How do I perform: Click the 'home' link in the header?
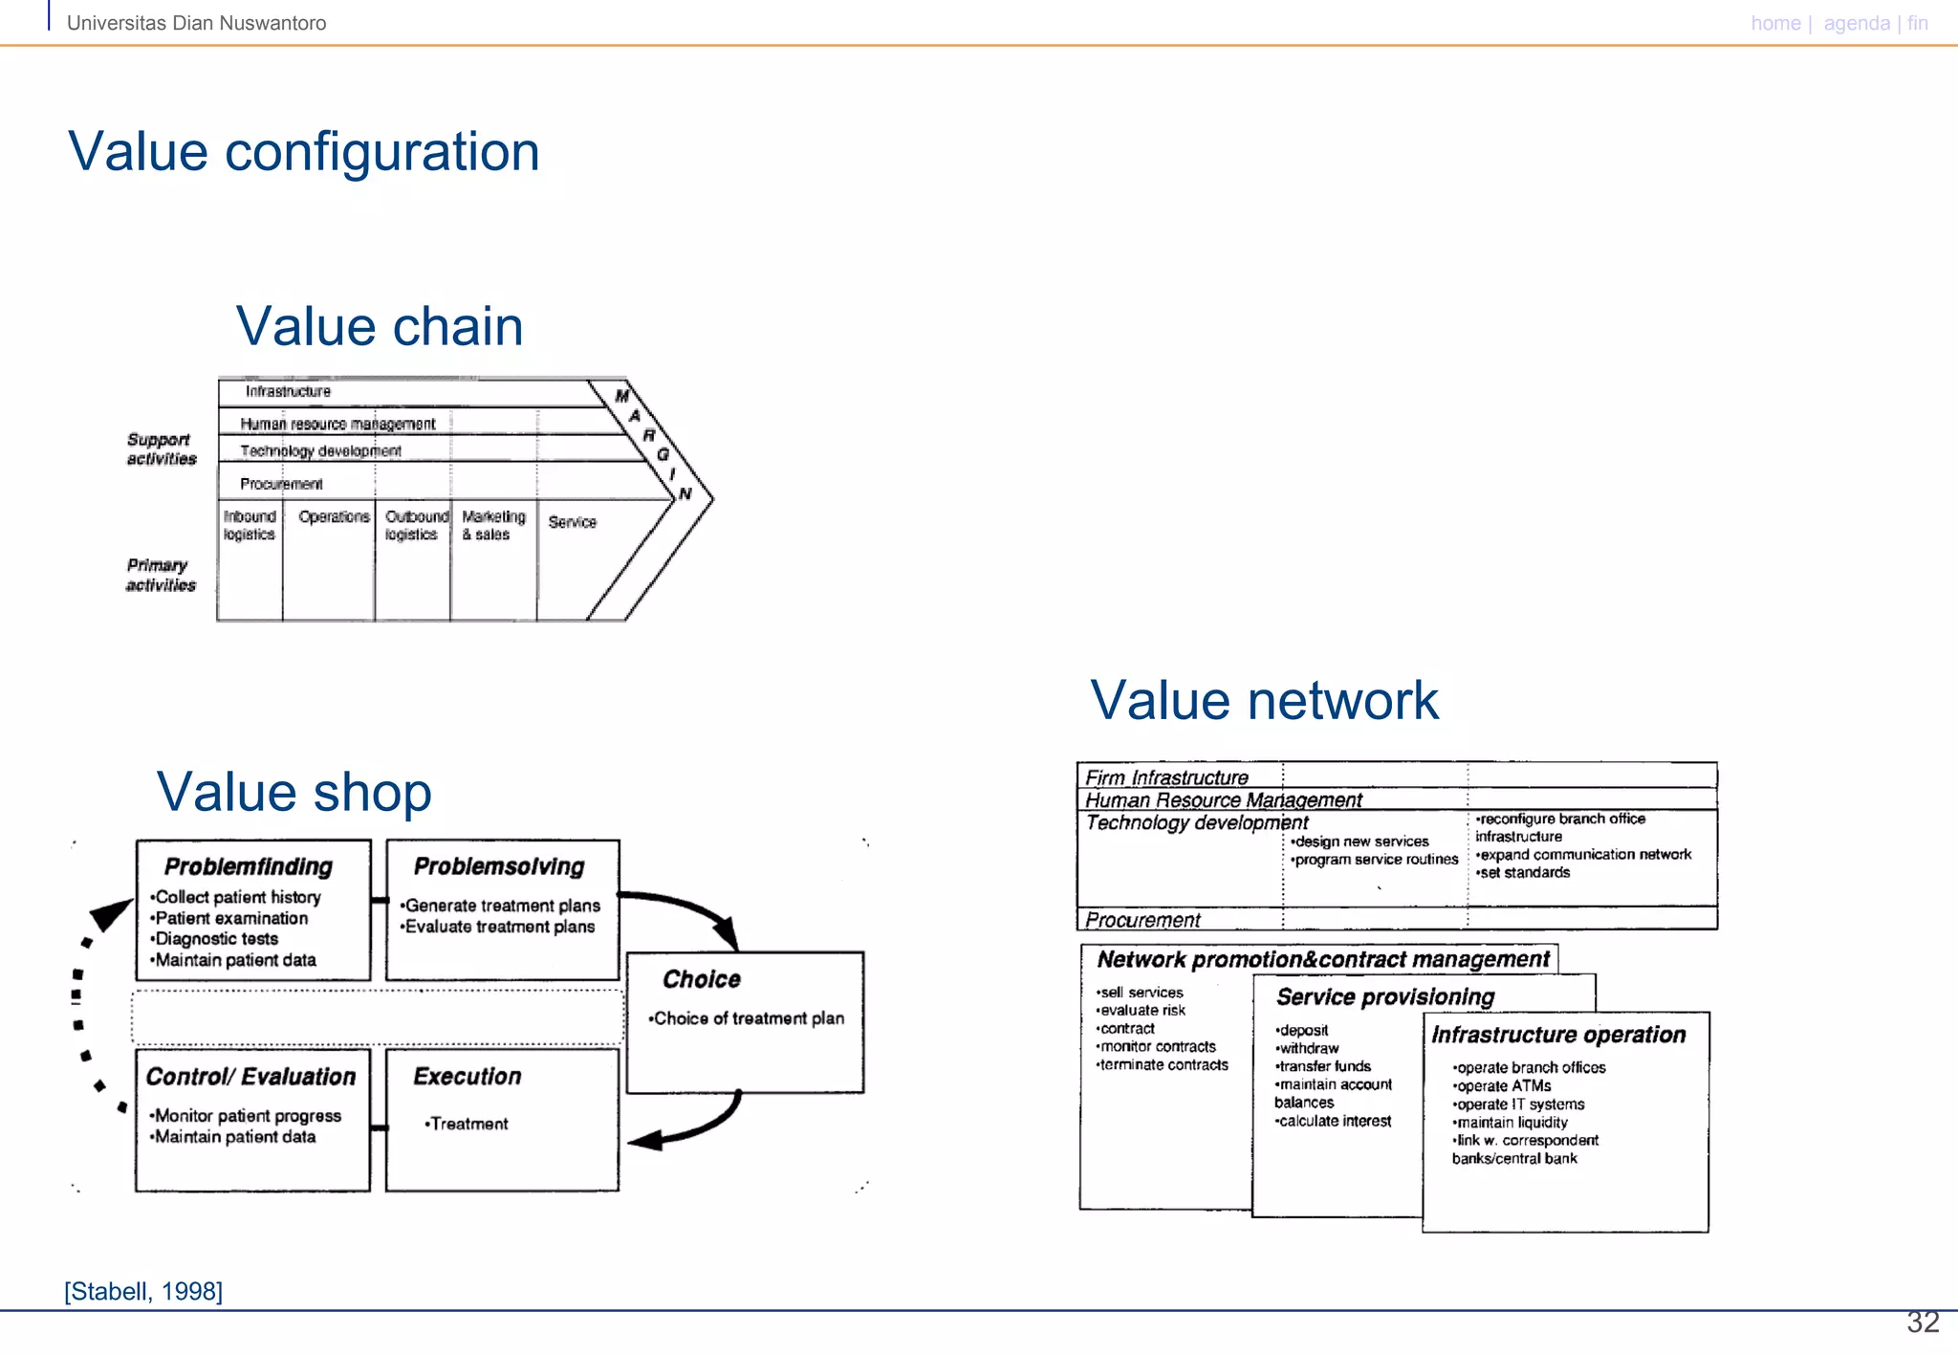(1774, 23)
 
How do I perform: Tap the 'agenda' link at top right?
(1856, 23)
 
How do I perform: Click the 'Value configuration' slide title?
(303, 152)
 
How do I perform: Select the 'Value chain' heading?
(380, 327)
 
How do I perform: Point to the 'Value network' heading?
(1263, 700)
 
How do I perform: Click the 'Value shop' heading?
(294, 793)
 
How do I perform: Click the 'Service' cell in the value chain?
(572, 522)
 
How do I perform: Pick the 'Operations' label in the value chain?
(334, 517)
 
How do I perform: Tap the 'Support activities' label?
(161, 449)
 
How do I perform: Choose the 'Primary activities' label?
(160, 575)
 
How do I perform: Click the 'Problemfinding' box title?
(249, 866)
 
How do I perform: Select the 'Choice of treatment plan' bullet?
(747, 1018)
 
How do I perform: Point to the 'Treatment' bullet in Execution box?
(468, 1124)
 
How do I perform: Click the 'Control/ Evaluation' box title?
(250, 1077)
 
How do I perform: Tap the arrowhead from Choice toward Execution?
(644, 1140)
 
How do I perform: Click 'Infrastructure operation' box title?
(1558, 1035)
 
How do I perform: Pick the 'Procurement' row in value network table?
(1142, 920)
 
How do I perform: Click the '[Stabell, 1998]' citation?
(143, 1291)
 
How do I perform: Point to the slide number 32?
(1922, 1323)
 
